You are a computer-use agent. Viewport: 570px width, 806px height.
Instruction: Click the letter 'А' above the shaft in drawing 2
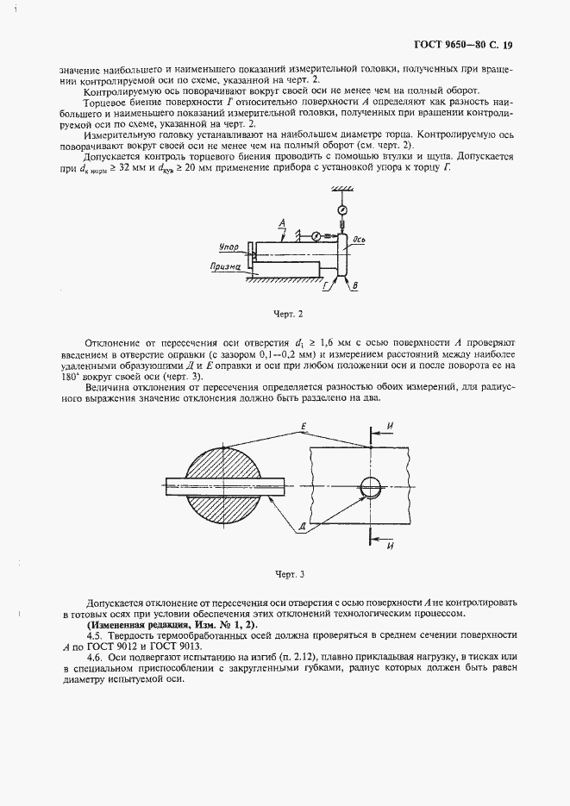coord(283,222)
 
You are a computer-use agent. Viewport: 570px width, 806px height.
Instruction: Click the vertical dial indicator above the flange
coord(342,209)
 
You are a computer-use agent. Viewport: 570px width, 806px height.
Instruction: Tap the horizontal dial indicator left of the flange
coord(316,235)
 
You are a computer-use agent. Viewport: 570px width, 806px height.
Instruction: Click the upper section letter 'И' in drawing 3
coord(390,426)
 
